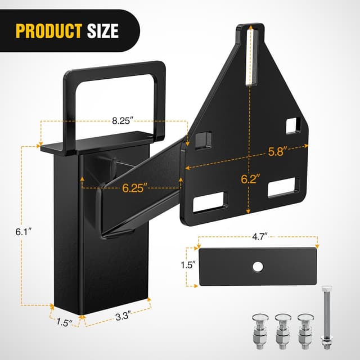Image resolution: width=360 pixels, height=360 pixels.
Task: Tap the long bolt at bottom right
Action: [325, 317]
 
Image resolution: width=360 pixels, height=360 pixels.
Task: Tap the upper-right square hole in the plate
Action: [293, 125]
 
